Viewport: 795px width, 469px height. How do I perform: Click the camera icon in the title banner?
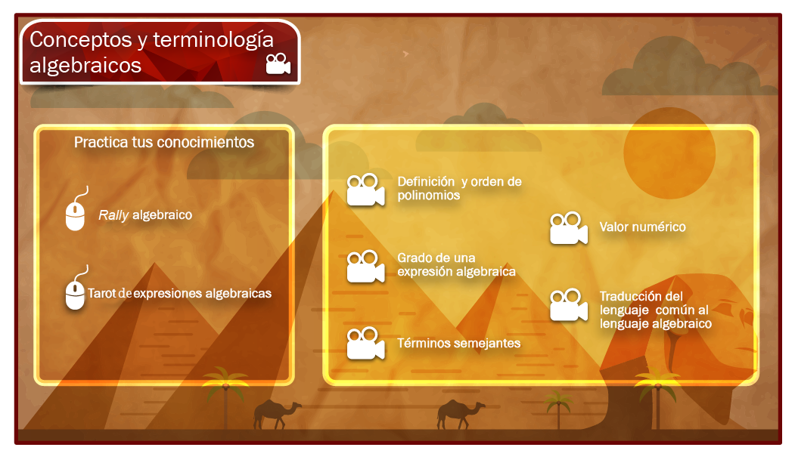[x=278, y=63]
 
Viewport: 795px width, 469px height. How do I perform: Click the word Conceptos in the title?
[x=81, y=39]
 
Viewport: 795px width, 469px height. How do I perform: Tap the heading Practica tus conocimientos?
[x=164, y=142]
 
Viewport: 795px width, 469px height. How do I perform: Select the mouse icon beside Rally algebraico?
[x=76, y=209]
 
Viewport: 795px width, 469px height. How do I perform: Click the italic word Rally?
[x=113, y=215]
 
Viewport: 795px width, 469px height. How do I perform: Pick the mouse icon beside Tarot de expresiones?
[x=76, y=288]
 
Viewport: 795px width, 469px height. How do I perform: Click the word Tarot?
[x=101, y=293]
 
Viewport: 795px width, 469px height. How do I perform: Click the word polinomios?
[x=428, y=196]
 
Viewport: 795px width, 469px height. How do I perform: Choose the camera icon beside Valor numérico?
[x=569, y=228]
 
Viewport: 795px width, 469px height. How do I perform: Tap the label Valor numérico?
[x=642, y=227]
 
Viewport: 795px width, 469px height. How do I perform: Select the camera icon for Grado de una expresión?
[x=365, y=267]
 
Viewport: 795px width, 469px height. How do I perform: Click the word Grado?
[x=412, y=258]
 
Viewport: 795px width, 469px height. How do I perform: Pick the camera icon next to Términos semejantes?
[x=365, y=344]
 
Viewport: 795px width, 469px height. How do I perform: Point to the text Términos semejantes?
[x=459, y=344]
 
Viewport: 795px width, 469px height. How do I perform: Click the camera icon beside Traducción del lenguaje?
[x=569, y=305]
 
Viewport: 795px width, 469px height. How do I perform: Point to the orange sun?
[x=669, y=153]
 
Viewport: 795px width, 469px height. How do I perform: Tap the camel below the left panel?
[x=276, y=414]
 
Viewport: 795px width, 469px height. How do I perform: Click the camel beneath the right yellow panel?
[x=461, y=414]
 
